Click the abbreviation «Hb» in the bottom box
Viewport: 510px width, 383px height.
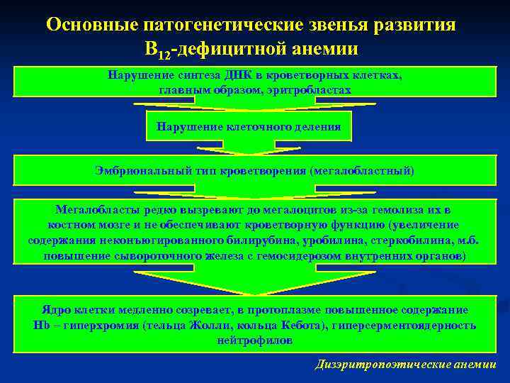click(x=40, y=326)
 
